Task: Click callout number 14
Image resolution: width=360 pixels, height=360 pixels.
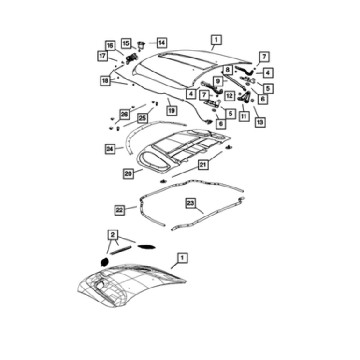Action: click(162, 43)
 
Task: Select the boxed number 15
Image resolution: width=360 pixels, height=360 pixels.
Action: click(126, 43)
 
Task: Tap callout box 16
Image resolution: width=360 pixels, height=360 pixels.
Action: click(110, 45)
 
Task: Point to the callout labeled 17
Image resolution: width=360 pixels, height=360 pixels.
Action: click(102, 56)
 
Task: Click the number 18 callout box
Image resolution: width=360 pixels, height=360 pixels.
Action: click(105, 81)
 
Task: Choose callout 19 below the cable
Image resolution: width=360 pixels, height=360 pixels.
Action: click(172, 111)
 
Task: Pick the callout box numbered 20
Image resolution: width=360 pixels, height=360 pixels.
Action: click(128, 173)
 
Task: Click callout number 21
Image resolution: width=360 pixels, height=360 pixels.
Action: click(203, 165)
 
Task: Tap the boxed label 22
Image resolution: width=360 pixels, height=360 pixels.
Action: click(120, 210)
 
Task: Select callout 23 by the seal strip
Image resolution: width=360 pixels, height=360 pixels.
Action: click(190, 203)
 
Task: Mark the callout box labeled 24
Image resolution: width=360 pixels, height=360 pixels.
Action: click(110, 149)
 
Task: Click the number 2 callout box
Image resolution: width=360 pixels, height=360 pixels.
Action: click(113, 235)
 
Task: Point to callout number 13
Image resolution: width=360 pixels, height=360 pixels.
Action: click(260, 122)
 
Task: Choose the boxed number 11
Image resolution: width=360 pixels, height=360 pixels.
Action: click(244, 116)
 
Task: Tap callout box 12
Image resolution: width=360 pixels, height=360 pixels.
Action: click(230, 95)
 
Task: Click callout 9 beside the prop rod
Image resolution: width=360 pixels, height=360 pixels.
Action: click(218, 81)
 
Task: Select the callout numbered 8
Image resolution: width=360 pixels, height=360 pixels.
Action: click(227, 70)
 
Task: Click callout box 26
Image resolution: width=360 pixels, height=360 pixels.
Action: click(124, 114)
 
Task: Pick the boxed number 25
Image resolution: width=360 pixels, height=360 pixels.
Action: click(142, 118)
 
